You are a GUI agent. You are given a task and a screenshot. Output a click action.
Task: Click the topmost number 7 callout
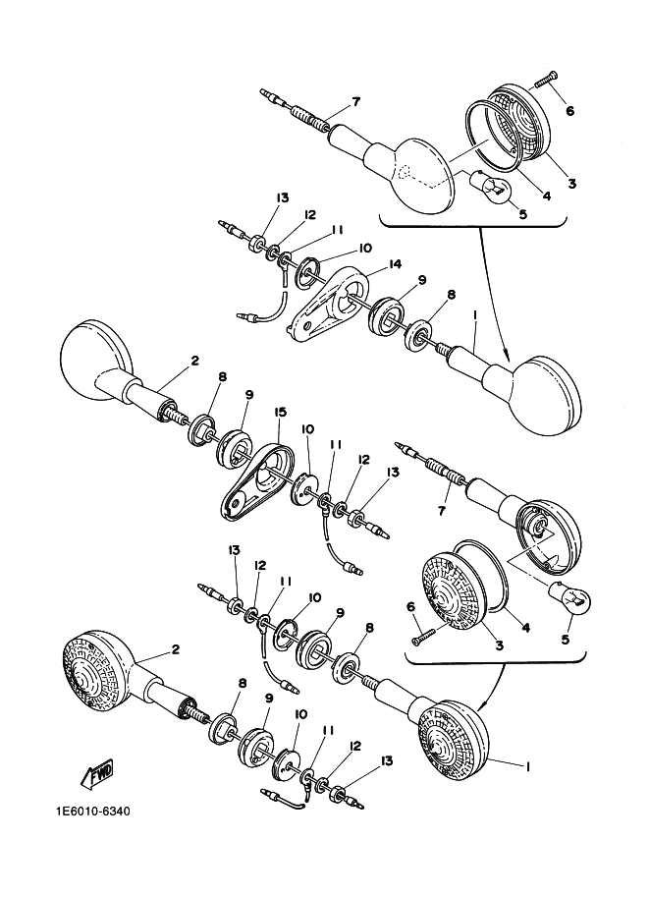point(355,102)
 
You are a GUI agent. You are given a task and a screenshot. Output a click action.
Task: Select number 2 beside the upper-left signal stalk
point(194,361)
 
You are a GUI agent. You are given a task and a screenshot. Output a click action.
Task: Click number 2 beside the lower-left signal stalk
point(175,648)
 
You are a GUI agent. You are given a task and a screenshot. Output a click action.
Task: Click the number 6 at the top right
point(569,110)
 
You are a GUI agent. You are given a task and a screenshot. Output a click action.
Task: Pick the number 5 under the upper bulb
point(521,213)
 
